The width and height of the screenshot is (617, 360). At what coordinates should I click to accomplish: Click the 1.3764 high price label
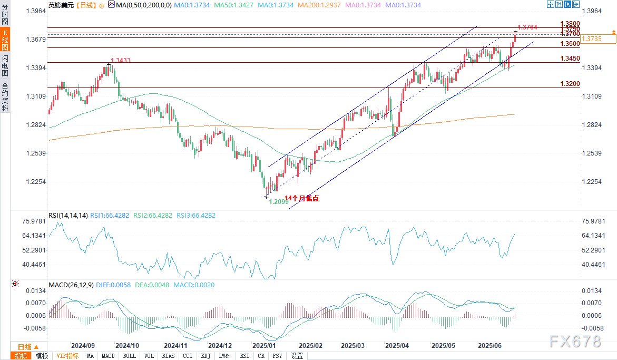point(527,27)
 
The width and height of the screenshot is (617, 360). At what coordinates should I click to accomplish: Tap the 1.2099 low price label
point(279,202)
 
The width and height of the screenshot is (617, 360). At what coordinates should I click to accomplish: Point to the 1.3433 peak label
point(120,61)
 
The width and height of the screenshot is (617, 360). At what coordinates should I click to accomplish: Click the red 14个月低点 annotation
point(301,198)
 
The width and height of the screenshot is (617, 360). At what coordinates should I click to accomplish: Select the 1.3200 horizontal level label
point(570,84)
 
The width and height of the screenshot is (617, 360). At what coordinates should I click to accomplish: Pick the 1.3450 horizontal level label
point(570,59)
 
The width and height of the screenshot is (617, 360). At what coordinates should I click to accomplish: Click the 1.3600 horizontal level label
point(570,44)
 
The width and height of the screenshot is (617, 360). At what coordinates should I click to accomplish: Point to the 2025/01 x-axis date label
point(264,346)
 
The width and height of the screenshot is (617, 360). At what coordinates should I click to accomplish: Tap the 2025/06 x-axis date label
point(489,346)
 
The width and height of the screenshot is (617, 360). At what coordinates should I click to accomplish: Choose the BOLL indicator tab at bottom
point(129,356)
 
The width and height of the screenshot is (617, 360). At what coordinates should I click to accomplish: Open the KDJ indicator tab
point(205,356)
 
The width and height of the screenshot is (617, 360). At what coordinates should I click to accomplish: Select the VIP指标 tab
point(67,356)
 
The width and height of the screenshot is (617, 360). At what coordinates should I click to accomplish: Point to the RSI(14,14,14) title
point(67,216)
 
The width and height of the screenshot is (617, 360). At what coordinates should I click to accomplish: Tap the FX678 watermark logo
point(575,342)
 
